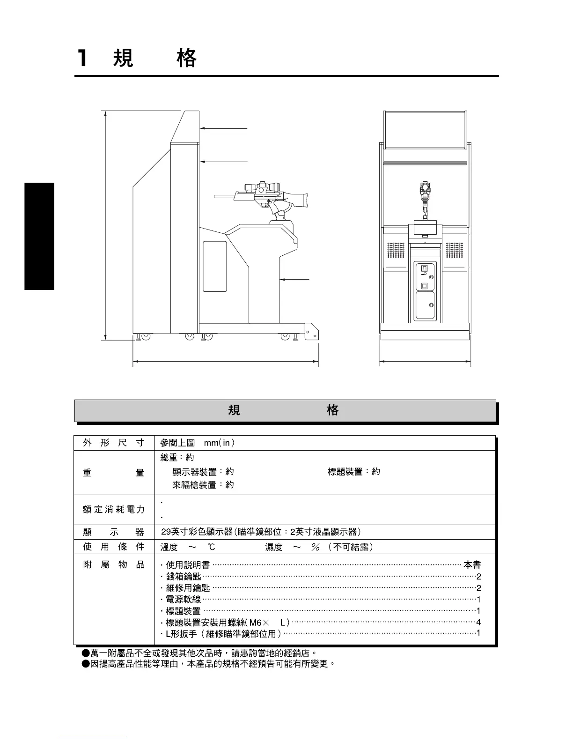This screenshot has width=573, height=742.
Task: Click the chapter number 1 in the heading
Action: click(82, 59)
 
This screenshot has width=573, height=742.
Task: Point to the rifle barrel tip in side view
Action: click(216, 196)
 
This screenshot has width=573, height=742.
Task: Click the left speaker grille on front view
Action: click(396, 250)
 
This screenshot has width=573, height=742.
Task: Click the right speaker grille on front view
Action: click(454, 250)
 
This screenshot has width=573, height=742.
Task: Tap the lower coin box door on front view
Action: click(425, 306)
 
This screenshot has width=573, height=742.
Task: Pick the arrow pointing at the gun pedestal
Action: click(295, 280)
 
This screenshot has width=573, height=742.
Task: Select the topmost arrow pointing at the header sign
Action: click(224, 128)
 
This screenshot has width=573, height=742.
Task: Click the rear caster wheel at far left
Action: click(145, 336)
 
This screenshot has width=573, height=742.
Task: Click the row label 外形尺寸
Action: click(114, 443)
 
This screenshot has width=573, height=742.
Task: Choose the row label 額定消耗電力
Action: click(114, 510)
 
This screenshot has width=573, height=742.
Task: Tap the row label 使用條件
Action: click(114, 547)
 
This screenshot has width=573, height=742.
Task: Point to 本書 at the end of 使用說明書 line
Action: click(472, 565)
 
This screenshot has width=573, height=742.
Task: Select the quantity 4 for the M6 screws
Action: click(478, 623)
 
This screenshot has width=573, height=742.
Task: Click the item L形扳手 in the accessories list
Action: click(177, 634)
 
